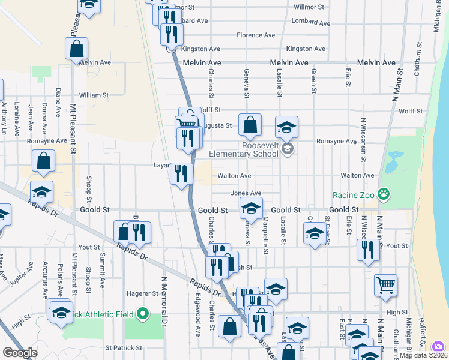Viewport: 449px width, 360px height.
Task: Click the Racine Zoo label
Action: point(354,195)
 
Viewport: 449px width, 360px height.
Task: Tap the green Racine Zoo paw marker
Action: point(384,194)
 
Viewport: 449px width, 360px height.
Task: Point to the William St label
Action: point(94,95)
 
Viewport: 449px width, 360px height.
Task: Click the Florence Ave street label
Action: point(256,35)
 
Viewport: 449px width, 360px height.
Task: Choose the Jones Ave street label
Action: point(246,193)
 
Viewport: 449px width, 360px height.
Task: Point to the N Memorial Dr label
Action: point(163,293)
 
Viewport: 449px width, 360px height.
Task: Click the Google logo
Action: point(20,352)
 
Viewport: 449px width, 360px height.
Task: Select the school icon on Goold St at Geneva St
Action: point(251,208)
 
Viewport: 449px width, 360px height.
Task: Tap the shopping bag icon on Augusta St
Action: point(250,125)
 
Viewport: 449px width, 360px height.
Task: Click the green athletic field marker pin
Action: point(143,314)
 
